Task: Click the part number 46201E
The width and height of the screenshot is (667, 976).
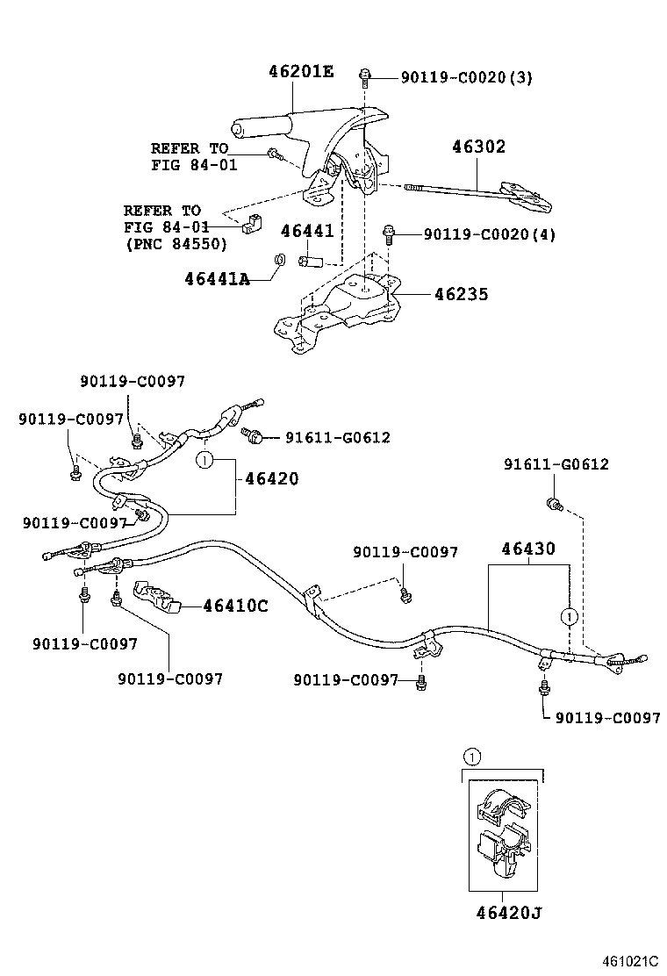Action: coord(301,72)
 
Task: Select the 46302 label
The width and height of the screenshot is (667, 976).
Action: coord(478,147)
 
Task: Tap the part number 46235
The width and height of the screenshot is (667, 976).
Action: coord(461,295)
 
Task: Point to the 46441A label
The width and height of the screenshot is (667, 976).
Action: coord(217,279)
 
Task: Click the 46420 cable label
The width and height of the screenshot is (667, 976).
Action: coord(271,479)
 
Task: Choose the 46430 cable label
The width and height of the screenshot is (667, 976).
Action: coord(528,549)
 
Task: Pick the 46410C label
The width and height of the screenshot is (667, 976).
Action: coord(235,606)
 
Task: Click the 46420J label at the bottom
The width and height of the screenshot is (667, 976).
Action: coord(503,913)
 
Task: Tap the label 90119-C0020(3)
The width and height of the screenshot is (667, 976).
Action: coord(466,78)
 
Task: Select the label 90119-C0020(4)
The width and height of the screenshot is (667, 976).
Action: coord(489,234)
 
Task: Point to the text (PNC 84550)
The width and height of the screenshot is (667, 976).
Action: coord(176,243)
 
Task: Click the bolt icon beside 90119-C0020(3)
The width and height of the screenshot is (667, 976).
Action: coord(364,76)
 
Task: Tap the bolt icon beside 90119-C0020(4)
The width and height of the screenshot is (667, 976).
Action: coord(389,233)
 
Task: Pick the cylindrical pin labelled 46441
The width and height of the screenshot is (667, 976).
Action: coord(312,261)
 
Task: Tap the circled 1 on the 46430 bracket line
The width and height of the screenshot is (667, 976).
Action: coord(570,616)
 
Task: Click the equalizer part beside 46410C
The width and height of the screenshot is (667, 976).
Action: coord(156,596)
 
